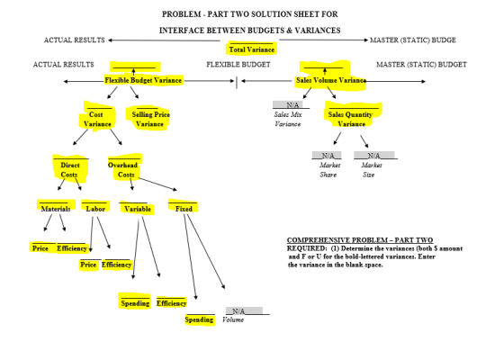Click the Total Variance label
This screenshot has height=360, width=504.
click(252, 49)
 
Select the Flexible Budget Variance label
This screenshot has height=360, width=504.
click(143, 80)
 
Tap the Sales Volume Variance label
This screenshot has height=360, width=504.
click(331, 80)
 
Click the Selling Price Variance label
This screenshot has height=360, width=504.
click(150, 119)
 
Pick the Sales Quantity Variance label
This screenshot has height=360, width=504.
click(350, 119)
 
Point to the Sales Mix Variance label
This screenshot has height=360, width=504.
click(288, 119)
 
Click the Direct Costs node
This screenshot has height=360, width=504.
click(69, 170)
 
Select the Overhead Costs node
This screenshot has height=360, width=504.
click(122, 170)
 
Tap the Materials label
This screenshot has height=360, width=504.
click(56, 209)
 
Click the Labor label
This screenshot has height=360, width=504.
click(95, 209)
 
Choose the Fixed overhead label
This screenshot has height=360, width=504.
click(184, 209)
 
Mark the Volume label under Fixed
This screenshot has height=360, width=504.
click(233, 319)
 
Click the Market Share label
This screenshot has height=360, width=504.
click(329, 170)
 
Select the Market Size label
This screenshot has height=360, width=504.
click(371, 170)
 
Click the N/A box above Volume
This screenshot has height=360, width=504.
click(244, 310)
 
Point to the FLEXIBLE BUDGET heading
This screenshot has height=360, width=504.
click(238, 65)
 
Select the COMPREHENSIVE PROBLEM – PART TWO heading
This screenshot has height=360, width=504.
click(360, 240)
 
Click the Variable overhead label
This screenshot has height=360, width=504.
click(138, 209)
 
